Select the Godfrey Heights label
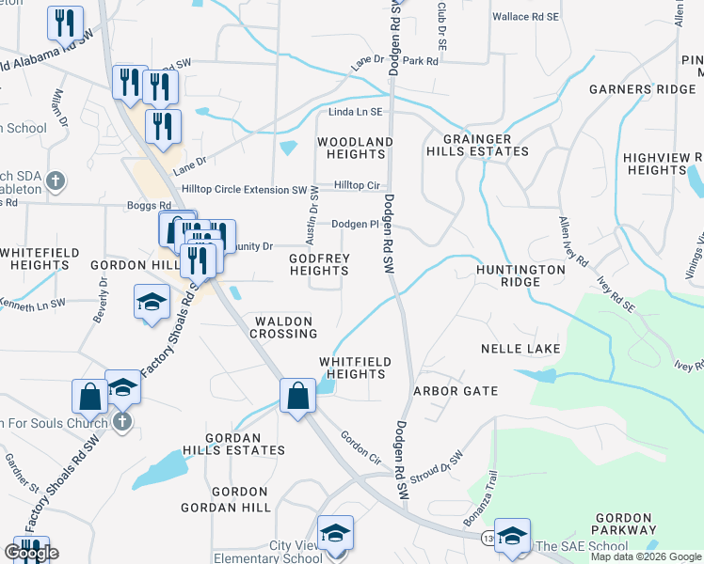click(319, 264)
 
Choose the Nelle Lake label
click(520, 349)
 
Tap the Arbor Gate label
click(455, 390)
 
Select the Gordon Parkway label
click(623, 525)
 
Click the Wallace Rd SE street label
click(525, 17)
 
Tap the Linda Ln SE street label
click(356, 112)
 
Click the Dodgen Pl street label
click(355, 224)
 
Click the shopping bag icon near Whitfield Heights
click(297, 395)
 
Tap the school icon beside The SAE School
click(512, 535)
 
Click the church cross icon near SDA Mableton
click(56, 180)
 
